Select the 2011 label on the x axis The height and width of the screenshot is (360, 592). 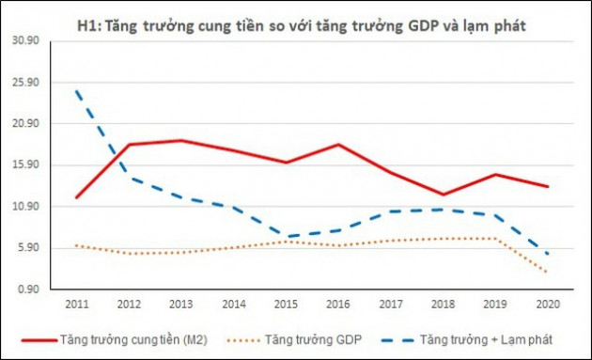click(x=77, y=304)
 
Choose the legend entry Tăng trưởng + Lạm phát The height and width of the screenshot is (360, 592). click(x=486, y=337)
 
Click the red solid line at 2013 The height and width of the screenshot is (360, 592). click(x=181, y=141)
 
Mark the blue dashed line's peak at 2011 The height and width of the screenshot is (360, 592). click(x=77, y=91)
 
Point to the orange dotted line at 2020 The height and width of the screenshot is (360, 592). click(x=546, y=273)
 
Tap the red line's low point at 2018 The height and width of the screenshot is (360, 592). click(x=442, y=195)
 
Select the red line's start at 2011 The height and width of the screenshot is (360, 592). click(x=77, y=197)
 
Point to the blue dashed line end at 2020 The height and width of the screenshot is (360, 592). click(x=546, y=254)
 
